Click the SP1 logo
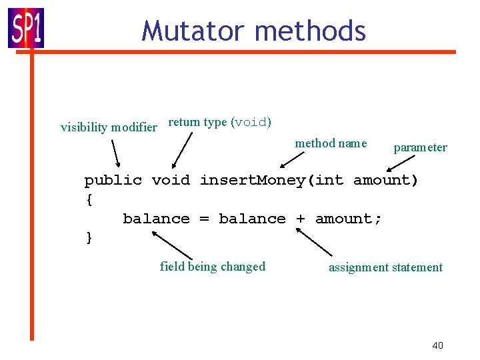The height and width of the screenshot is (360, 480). [x=26, y=27]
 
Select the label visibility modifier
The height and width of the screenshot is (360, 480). [x=109, y=127]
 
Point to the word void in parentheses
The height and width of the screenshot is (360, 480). [x=251, y=123]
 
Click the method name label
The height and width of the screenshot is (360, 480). [x=331, y=143]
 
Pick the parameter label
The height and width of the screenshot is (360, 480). [x=420, y=147]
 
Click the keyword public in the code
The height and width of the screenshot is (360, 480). [x=113, y=181]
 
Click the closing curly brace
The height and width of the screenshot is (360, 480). [x=89, y=238]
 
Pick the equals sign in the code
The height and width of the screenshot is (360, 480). [x=204, y=219]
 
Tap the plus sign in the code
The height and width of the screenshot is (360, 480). [x=300, y=219]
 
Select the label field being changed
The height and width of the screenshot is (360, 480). [x=213, y=267]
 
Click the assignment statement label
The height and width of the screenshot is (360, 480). [x=385, y=267]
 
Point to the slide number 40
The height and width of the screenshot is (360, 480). [x=437, y=345]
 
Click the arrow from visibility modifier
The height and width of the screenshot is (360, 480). [x=115, y=152]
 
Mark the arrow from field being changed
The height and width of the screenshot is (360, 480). [x=172, y=245]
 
